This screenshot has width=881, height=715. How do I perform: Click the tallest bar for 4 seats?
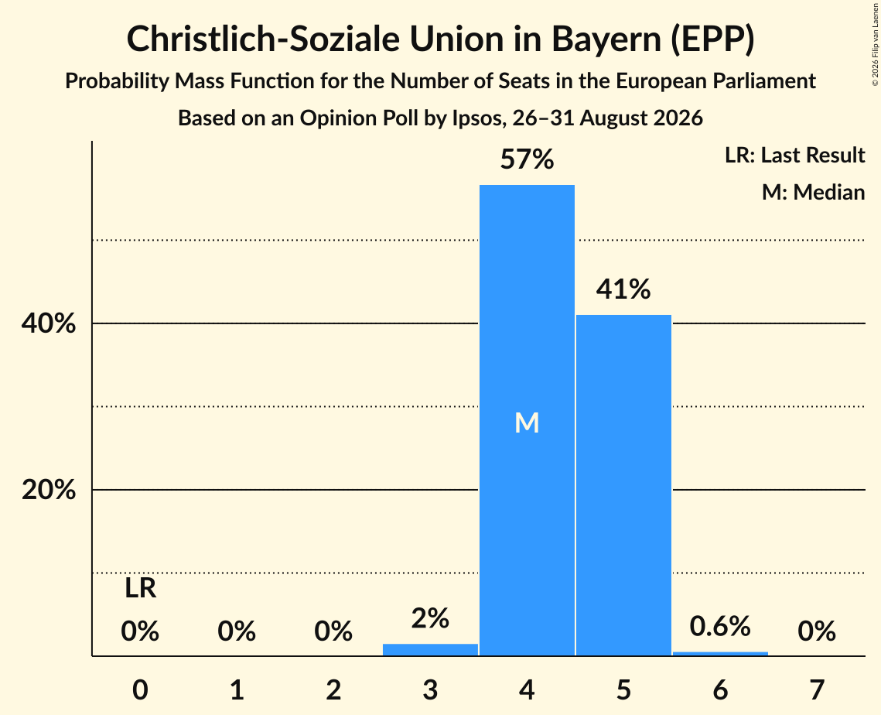tap(527, 420)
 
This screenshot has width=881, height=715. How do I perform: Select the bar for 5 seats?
tap(623, 485)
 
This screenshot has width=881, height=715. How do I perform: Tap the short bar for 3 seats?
tap(430, 650)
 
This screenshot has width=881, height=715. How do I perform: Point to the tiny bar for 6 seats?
tap(720, 654)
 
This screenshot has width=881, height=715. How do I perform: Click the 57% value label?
tap(527, 159)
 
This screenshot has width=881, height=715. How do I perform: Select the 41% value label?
tap(623, 289)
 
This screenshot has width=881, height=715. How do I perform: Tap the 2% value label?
tap(430, 618)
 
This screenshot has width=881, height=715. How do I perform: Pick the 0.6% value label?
tap(720, 626)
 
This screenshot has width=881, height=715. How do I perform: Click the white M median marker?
tap(527, 422)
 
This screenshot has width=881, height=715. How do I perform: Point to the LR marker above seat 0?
tap(141, 589)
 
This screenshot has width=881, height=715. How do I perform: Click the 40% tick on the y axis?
tap(48, 323)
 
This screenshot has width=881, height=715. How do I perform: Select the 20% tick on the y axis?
tap(48, 490)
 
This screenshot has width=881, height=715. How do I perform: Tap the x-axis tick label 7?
tap(817, 689)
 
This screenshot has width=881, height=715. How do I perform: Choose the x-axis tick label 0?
tap(141, 689)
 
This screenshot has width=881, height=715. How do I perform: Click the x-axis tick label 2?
tap(333, 689)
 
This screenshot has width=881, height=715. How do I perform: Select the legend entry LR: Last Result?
tap(795, 155)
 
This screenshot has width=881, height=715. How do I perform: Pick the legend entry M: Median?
tap(814, 192)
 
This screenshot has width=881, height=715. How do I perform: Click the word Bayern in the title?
tap(606, 39)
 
